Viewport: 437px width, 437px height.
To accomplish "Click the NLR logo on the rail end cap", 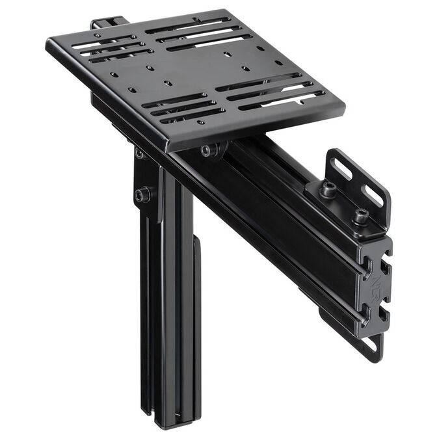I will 378,281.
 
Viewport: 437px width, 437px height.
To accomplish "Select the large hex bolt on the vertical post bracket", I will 143,194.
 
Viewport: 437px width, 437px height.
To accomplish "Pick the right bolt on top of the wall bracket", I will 360,215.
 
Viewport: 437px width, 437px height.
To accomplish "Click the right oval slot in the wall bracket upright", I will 373,196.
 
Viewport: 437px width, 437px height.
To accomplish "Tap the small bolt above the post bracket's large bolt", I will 139,155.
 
